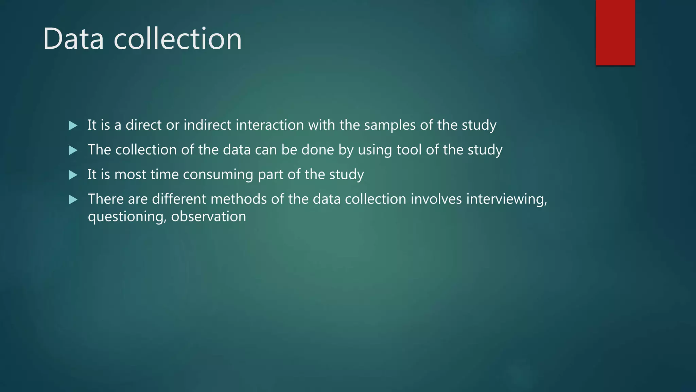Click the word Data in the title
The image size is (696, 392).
click(73, 39)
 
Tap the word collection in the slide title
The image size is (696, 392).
click(177, 39)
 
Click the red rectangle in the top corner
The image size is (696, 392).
click(615, 33)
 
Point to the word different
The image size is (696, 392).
click(179, 199)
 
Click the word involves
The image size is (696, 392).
click(436, 199)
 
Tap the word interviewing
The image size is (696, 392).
click(506, 199)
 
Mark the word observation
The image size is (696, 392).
click(208, 216)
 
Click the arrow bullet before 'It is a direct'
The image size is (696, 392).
click(73, 126)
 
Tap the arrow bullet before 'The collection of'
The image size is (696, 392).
click(73, 150)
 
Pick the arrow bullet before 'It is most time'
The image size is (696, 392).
click(73, 175)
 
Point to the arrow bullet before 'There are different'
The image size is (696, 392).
click(73, 199)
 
